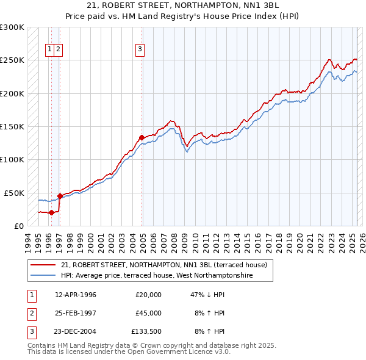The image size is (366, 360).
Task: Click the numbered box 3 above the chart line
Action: click(140, 49)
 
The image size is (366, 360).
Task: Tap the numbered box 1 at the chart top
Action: click(49, 49)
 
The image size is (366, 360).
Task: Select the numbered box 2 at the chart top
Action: click(57, 49)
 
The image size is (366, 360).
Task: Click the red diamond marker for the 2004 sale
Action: click(142, 137)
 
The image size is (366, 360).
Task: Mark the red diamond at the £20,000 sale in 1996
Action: click(52, 212)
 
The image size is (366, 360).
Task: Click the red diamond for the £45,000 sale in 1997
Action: click(60, 196)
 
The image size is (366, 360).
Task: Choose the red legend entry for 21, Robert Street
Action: click(163, 265)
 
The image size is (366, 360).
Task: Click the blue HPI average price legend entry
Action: click(156, 276)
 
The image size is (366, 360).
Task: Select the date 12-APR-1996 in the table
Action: click(76, 295)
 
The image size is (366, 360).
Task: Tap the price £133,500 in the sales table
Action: click(146, 331)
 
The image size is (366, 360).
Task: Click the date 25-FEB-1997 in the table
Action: click(76, 313)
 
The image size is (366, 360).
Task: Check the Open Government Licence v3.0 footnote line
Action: click(129, 352)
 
